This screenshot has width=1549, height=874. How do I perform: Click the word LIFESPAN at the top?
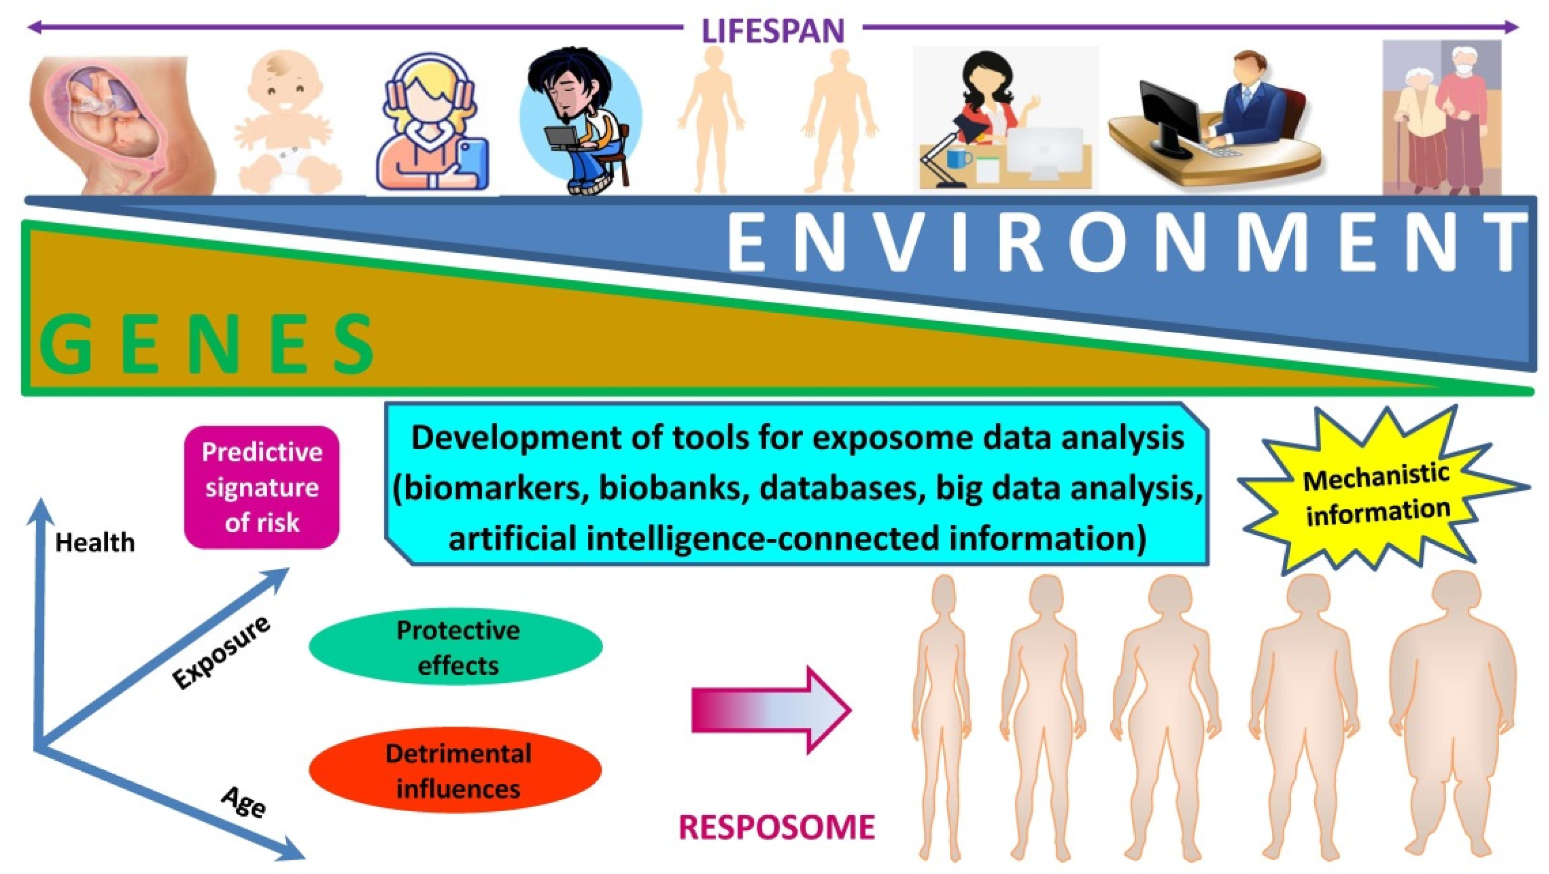tap(773, 30)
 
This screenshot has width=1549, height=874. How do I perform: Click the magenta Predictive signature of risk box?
tap(262, 487)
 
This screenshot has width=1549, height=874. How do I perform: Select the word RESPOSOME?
tap(776, 828)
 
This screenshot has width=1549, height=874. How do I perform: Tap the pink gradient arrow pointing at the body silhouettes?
tap(770, 710)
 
